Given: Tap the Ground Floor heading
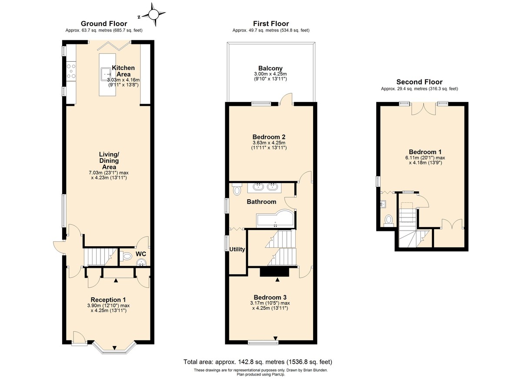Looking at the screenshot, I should click(x=104, y=23).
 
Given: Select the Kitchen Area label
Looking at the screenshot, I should click(x=123, y=71).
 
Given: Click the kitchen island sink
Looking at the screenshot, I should click(x=106, y=74).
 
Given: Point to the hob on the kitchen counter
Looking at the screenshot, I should click(x=71, y=71).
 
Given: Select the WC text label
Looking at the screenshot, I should click(x=141, y=253).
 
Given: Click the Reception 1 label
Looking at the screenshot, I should click(x=108, y=300).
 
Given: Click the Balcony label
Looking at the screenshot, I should click(x=270, y=68).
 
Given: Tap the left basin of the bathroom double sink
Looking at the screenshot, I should click(x=258, y=188).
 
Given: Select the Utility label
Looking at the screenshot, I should click(x=238, y=249).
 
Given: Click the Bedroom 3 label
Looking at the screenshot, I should click(x=270, y=297).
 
